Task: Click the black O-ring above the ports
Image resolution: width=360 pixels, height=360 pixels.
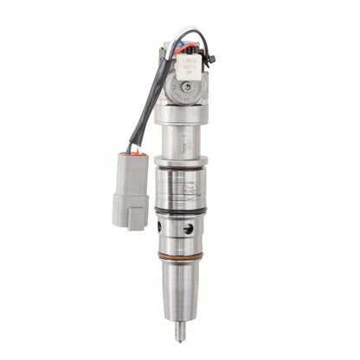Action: click(182, 211)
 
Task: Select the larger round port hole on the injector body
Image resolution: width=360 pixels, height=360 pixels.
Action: click(189, 229)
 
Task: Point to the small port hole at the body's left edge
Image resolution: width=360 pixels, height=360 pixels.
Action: click(161, 227)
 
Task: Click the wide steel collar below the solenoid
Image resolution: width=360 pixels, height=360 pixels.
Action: click(181, 159)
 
